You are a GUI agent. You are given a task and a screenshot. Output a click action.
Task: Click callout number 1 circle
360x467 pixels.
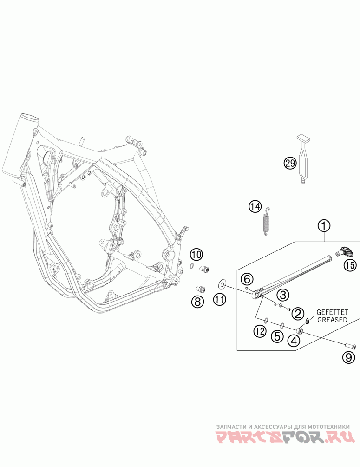click(324, 225)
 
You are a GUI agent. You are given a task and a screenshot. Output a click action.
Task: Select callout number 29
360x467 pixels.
click(290, 163)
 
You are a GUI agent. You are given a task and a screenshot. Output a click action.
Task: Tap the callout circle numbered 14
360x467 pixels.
click(255, 206)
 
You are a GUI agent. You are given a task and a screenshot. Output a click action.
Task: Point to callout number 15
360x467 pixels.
click(350, 265)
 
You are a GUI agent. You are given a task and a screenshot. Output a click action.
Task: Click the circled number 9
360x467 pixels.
click(348, 357)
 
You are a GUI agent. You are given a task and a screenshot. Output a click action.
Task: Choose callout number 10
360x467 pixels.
click(196, 255)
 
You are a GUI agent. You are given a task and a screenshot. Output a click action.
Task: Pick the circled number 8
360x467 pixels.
click(198, 302)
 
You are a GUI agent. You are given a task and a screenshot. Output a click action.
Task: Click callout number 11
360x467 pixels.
click(219, 299)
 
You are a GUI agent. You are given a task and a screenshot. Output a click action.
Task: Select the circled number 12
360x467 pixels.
click(260, 331)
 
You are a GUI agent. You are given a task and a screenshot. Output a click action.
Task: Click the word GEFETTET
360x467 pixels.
click(332, 312)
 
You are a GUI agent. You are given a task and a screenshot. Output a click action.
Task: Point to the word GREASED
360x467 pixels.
click(332, 320)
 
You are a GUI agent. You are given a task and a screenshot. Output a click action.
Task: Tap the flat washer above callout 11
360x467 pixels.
click(222, 284)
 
